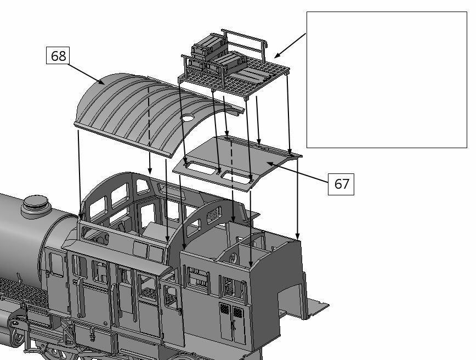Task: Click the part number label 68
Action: pos(58,56)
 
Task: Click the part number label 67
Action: pos(341,184)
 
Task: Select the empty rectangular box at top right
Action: pos(386,80)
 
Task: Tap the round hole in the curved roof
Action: pos(187,117)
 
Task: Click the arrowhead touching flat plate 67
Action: pos(269,163)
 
